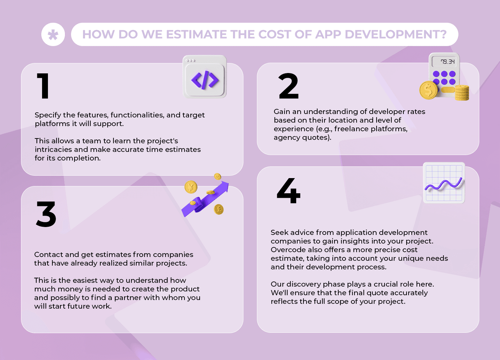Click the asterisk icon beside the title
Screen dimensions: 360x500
(53, 34)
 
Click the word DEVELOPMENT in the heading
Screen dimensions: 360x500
(396, 34)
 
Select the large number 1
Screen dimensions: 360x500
(43, 86)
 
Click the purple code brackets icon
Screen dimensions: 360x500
(205, 80)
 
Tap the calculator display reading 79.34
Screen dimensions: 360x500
(447, 62)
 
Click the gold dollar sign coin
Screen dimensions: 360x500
(428, 90)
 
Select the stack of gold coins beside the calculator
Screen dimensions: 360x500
(462, 93)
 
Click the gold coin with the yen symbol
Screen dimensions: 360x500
(191, 187)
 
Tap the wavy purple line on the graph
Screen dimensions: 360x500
(444, 185)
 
